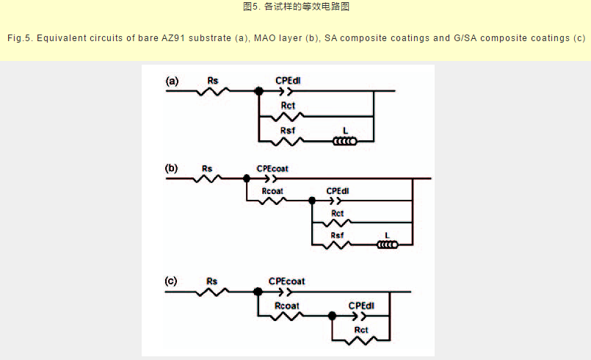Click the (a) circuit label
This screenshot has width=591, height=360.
click(x=172, y=82)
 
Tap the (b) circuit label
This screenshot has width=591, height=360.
click(x=172, y=168)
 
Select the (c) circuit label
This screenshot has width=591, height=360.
click(x=171, y=281)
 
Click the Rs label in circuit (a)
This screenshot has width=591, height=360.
click(x=213, y=80)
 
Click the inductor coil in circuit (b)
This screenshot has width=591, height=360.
click(x=387, y=244)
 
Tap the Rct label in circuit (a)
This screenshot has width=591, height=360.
click(x=288, y=107)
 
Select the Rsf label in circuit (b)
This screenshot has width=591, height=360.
click(x=338, y=235)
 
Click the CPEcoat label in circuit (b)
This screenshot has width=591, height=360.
click(x=272, y=168)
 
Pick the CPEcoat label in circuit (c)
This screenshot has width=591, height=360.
click(x=286, y=281)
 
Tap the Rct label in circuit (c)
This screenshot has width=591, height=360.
click(x=361, y=331)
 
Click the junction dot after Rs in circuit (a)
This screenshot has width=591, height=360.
click(x=258, y=92)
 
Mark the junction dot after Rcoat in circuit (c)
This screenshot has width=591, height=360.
click(x=333, y=316)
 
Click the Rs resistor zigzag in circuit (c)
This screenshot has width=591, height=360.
click(x=212, y=292)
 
